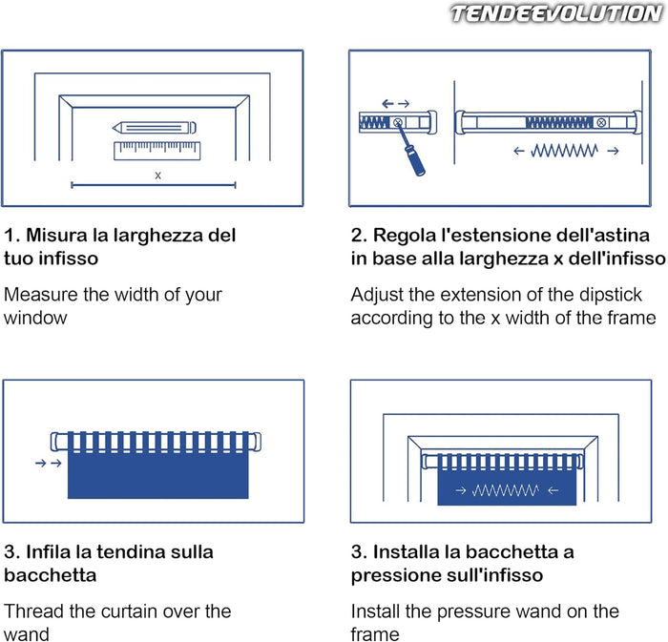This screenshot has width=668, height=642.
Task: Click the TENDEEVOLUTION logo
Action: tap(557, 13)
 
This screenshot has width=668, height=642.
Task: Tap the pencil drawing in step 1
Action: tap(155, 127)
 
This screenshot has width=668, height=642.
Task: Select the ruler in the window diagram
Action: tap(157, 151)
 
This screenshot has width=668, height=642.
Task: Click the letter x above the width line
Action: tap(158, 175)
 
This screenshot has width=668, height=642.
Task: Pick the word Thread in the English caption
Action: tap(34, 611)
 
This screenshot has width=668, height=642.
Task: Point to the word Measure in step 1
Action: tap(41, 295)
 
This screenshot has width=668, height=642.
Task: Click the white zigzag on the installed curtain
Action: tap(506, 490)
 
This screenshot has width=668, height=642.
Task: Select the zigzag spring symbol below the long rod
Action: tap(564, 151)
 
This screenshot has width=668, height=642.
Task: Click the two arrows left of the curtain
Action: tap(49, 463)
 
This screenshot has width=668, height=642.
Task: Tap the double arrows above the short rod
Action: tap(396, 103)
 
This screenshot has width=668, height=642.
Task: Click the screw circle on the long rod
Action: tap(601, 123)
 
